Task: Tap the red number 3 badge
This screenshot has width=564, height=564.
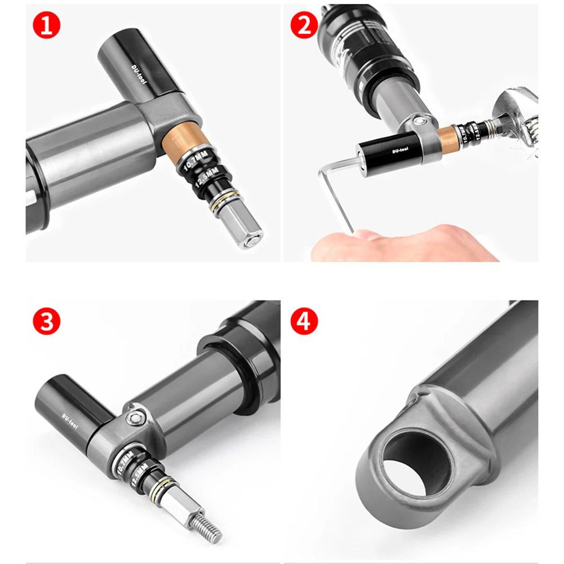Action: (46, 322)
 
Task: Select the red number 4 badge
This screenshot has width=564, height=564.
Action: (304, 322)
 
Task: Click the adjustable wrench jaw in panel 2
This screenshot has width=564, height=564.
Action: (521, 121)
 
